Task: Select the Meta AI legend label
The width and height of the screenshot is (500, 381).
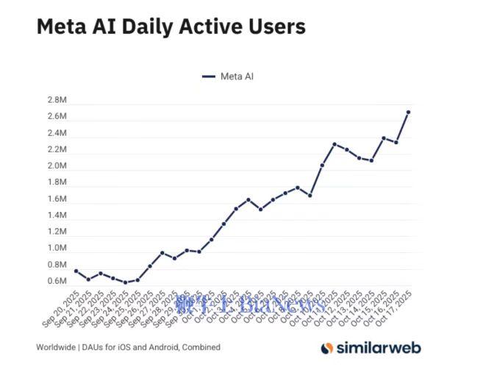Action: (x=237, y=76)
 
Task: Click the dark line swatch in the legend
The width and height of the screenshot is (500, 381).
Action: (x=208, y=76)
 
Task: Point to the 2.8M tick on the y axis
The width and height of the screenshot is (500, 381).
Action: (x=57, y=100)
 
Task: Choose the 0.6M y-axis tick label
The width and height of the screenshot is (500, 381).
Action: (x=57, y=281)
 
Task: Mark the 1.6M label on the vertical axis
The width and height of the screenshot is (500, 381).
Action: (x=57, y=199)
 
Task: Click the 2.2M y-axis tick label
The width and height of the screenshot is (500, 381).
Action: (x=57, y=149)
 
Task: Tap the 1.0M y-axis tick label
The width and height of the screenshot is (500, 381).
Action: (x=57, y=249)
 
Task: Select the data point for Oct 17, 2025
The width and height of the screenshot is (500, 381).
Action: (x=408, y=112)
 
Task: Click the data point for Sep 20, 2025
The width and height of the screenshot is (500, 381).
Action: (x=76, y=271)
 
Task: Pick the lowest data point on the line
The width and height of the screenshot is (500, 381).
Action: (x=125, y=282)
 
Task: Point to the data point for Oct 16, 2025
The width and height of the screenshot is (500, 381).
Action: (x=396, y=142)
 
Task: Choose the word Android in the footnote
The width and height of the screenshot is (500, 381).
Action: (x=161, y=347)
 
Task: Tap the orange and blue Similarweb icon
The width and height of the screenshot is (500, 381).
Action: (x=327, y=348)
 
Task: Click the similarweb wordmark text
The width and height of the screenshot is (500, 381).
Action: (x=379, y=348)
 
